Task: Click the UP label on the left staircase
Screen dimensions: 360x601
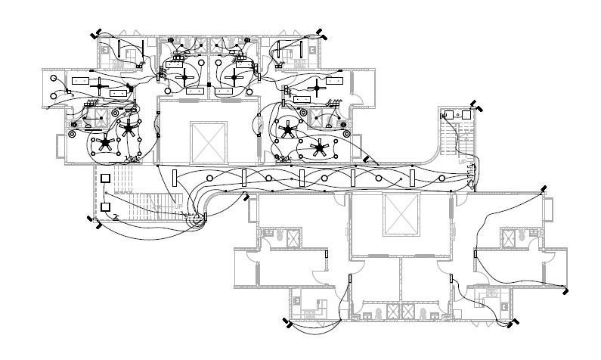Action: click(x=178, y=206)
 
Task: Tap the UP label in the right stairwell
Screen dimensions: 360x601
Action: click(x=462, y=161)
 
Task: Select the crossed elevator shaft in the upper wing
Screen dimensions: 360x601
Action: click(x=209, y=141)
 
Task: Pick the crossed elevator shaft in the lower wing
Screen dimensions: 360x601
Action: click(x=401, y=213)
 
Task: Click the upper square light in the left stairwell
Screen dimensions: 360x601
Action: click(x=106, y=178)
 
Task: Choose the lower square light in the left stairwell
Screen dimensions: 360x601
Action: click(x=106, y=206)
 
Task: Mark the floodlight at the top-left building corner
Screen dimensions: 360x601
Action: click(x=94, y=34)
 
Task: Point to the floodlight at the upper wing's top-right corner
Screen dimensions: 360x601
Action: click(x=321, y=34)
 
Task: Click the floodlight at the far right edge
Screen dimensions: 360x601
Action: click(x=565, y=290)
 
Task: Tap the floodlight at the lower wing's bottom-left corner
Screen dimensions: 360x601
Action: click(x=287, y=324)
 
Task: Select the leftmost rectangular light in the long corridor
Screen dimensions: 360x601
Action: click(x=175, y=178)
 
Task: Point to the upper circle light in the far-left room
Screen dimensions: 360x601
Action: click(x=54, y=79)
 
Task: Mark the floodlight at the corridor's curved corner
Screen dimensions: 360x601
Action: click(x=245, y=197)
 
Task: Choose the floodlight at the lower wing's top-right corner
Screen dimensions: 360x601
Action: click(x=543, y=190)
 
